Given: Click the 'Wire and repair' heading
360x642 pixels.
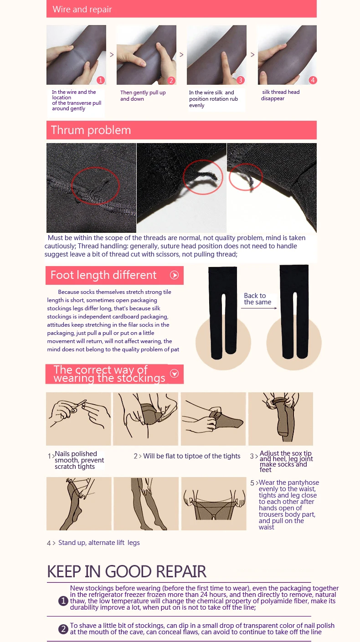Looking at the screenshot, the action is (x=82, y=9).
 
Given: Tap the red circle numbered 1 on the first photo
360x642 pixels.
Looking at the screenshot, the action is (x=100, y=80).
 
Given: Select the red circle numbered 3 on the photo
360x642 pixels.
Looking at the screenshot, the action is (x=240, y=80).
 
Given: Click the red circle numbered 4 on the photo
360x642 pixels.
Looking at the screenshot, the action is (x=313, y=80).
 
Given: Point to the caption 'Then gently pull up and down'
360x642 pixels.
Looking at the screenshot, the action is (x=143, y=96).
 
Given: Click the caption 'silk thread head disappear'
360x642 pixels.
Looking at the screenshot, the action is (x=280, y=95).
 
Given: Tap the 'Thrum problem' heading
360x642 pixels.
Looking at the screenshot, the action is (x=91, y=130).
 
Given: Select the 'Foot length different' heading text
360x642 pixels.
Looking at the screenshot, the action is (x=103, y=275).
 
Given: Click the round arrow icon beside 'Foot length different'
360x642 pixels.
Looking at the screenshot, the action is (x=174, y=275).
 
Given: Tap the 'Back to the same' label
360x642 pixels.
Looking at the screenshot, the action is (x=257, y=298).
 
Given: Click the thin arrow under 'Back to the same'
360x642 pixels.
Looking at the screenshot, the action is (x=259, y=308).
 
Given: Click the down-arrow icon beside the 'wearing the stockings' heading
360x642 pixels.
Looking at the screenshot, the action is (x=174, y=374).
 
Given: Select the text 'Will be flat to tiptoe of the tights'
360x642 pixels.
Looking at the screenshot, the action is (x=192, y=456).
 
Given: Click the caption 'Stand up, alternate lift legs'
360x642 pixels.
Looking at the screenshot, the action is (x=99, y=543).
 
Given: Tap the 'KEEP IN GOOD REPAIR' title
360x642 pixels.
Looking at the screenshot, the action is (x=127, y=571).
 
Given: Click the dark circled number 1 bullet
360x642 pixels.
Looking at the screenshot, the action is (x=63, y=601).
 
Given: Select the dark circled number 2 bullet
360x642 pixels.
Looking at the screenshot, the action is (x=63, y=629).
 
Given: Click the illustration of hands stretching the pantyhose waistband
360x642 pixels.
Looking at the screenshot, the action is (x=214, y=503).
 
